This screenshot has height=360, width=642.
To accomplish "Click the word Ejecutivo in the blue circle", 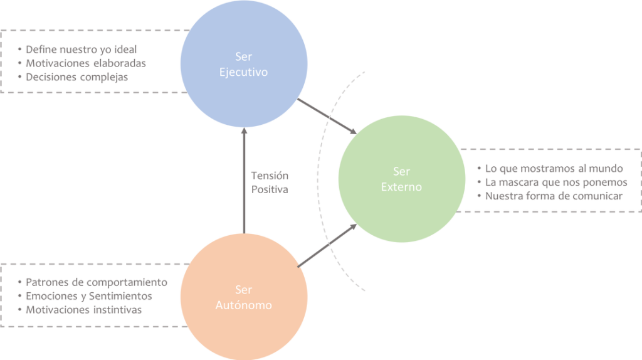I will (x=243, y=72).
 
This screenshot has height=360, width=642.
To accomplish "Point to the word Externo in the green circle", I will (x=401, y=187).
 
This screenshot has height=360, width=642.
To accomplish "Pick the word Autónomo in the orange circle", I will (x=243, y=305).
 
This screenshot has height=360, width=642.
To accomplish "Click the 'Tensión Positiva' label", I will (x=270, y=182).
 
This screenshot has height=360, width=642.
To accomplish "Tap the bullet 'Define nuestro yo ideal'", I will (x=82, y=49).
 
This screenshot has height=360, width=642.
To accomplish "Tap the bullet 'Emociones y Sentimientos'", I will (x=88, y=296).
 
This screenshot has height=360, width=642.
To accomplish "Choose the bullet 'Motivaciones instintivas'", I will (x=84, y=310).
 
